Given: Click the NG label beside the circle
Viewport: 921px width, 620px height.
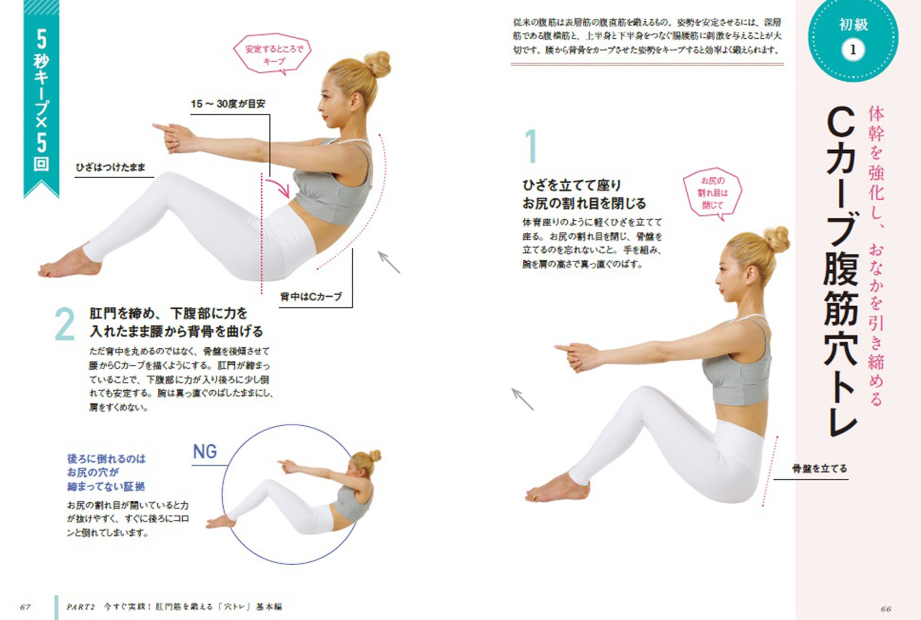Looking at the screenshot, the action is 205,451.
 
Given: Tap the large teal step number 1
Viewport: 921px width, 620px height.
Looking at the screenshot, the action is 531,146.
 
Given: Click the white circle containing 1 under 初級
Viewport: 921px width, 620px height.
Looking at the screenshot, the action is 853,50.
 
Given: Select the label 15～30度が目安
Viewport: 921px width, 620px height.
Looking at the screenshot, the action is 228,104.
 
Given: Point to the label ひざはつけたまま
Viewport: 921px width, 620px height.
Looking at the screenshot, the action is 111,167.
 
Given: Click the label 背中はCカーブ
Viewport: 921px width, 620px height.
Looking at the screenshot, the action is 311,297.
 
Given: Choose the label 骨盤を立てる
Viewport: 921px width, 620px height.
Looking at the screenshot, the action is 819,469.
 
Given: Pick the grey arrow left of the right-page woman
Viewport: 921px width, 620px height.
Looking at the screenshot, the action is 523,399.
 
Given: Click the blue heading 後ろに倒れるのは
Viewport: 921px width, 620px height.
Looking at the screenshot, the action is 106,458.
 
